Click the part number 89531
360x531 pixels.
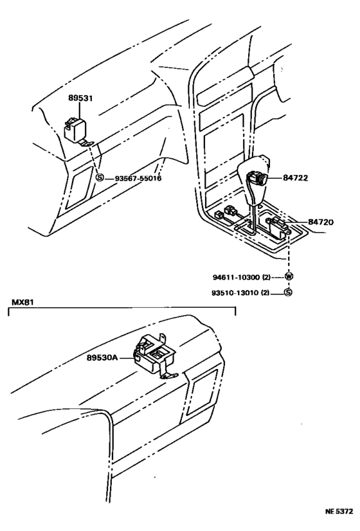click(x=80, y=98)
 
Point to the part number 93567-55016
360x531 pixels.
click(x=138, y=178)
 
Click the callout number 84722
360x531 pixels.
click(x=294, y=177)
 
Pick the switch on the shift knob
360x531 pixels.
click(x=258, y=178)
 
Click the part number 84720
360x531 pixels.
click(x=321, y=222)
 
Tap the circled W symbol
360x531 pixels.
click(x=288, y=277)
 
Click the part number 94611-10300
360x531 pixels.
click(x=234, y=277)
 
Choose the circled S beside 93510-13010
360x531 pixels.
click(x=288, y=294)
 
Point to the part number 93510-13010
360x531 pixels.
click(x=234, y=294)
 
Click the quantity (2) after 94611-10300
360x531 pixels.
click(x=269, y=277)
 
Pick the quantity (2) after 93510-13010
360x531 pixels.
click(x=269, y=294)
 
